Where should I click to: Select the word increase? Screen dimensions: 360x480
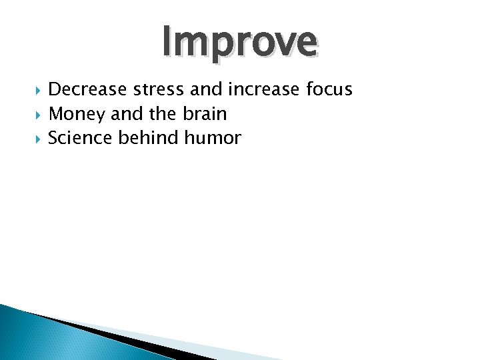coord(253,89)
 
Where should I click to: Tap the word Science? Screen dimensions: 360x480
coord(77,138)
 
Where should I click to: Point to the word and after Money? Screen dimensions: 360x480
coord(127,114)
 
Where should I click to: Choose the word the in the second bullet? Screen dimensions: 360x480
coord(162,114)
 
